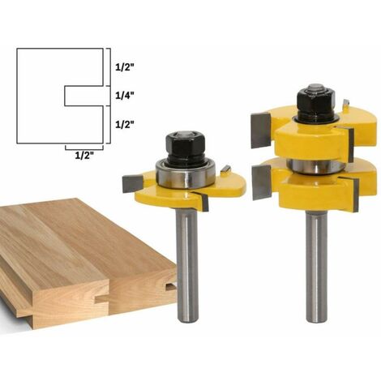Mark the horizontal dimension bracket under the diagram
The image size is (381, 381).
[83, 147]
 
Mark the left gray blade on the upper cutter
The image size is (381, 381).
[258, 130]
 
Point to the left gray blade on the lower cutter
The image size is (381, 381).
[262, 182]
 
